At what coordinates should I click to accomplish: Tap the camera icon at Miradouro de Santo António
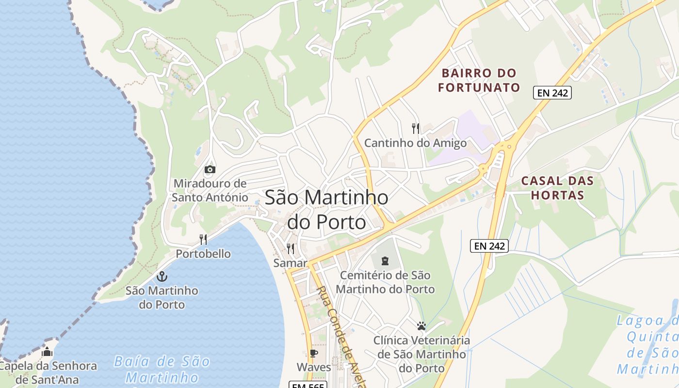(x=210, y=169)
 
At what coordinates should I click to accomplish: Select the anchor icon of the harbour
(x=162, y=276)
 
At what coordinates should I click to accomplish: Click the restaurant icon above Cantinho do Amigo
(x=416, y=129)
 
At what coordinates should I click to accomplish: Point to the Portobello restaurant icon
(x=203, y=240)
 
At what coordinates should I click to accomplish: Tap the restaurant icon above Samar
(x=291, y=249)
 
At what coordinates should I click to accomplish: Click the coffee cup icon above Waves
(x=314, y=353)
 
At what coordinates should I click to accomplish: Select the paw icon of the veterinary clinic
(x=421, y=326)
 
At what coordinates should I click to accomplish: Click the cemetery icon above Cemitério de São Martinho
(x=385, y=261)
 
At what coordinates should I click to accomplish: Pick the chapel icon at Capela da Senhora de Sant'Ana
(x=47, y=352)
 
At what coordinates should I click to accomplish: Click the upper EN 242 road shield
(x=552, y=93)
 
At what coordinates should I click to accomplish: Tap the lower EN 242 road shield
(x=489, y=246)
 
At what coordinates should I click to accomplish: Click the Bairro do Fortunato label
(x=479, y=81)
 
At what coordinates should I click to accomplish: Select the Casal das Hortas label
(x=557, y=188)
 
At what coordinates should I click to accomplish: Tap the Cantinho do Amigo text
(x=415, y=143)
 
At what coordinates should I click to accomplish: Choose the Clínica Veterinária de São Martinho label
(x=421, y=354)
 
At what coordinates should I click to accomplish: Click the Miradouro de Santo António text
(x=210, y=191)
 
